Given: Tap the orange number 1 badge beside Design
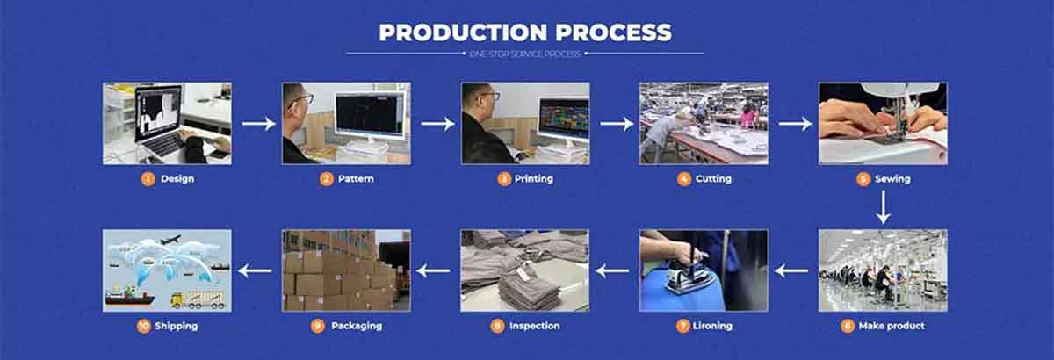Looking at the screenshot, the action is coord(148,179).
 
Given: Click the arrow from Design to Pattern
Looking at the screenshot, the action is coord(258,124).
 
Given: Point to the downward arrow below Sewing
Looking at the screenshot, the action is coord(883,206).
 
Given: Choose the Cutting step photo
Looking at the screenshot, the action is coord(704,123).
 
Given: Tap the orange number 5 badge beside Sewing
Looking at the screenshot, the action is coord(863,179).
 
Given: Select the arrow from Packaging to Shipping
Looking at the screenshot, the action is coord(256,271).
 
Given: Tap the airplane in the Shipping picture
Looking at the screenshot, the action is coord(172,239).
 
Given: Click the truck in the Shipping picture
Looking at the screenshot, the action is coord(199,299).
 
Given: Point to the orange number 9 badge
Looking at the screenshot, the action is coord(318,326).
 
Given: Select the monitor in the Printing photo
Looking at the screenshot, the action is coord(563,118).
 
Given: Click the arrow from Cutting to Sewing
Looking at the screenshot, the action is coord(795,124).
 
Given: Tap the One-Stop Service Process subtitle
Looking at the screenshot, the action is coord(525,54).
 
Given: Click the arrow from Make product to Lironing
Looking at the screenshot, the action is coord(791,271).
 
